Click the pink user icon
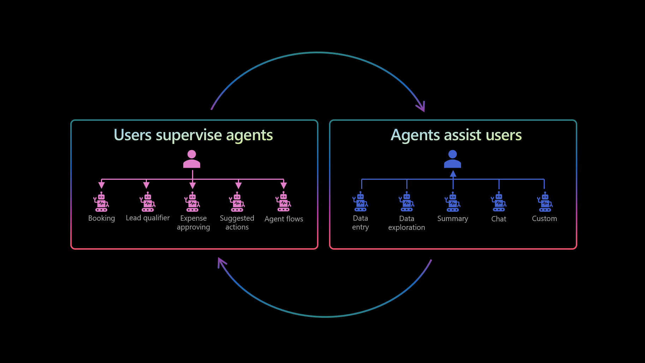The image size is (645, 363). [x=192, y=159]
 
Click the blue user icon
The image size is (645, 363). [x=453, y=159]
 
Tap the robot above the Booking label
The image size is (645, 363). [x=101, y=202]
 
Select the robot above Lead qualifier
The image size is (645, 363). [x=148, y=202]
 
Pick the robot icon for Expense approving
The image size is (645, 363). [x=192, y=202]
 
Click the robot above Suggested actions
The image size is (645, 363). [x=237, y=202]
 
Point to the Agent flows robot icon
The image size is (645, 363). [x=283, y=202]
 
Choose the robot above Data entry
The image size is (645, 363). [x=360, y=202]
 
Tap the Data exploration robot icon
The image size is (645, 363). [x=407, y=202]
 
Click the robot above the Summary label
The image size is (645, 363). [x=453, y=202]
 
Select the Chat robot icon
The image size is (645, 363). [x=499, y=202]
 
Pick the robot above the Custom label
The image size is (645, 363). [x=545, y=202]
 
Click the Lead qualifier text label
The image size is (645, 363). [x=148, y=218]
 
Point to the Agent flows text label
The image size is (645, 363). [x=284, y=219]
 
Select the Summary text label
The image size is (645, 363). [x=453, y=219]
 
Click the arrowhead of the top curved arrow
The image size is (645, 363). [x=422, y=107]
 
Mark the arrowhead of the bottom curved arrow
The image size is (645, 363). [x=221, y=262]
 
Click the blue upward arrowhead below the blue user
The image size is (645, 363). [x=453, y=174]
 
